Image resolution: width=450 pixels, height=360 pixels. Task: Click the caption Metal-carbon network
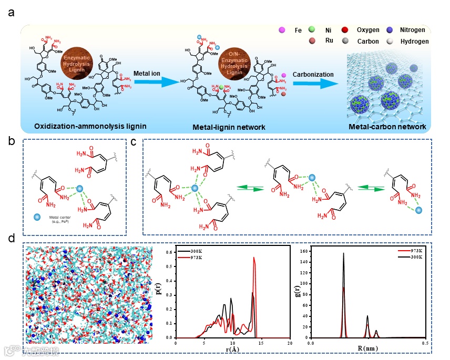[384, 127]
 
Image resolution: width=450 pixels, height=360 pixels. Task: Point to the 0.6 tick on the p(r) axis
[172, 252]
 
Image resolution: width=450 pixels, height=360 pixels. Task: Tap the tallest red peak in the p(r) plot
[254, 258]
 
